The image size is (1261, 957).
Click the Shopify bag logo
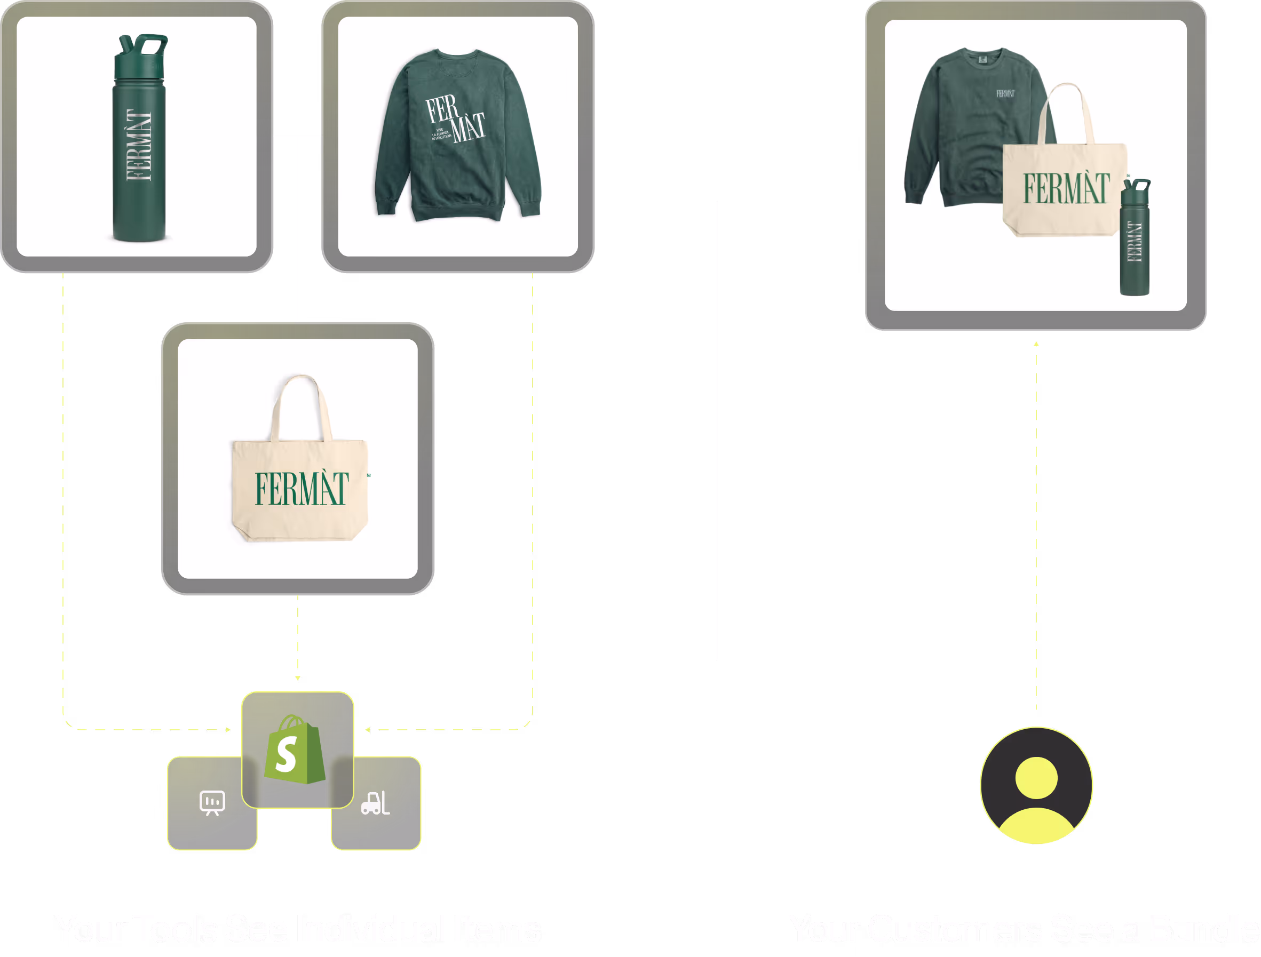pyautogui.click(x=294, y=749)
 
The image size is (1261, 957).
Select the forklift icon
pyautogui.click(x=376, y=803)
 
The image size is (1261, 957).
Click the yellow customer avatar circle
pyautogui.click(x=1036, y=785)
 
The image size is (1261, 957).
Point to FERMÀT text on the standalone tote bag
pyautogui.click(x=301, y=489)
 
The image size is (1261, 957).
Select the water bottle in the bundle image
pyautogui.click(x=1135, y=240)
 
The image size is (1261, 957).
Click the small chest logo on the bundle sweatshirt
pyautogui.click(x=1005, y=93)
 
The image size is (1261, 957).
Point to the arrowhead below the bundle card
pyautogui.click(x=1036, y=344)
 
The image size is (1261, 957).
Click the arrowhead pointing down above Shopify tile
pyautogui.click(x=298, y=679)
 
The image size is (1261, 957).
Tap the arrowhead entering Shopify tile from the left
pyautogui.click(x=228, y=730)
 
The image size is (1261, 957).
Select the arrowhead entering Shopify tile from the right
pyautogui.click(x=367, y=730)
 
